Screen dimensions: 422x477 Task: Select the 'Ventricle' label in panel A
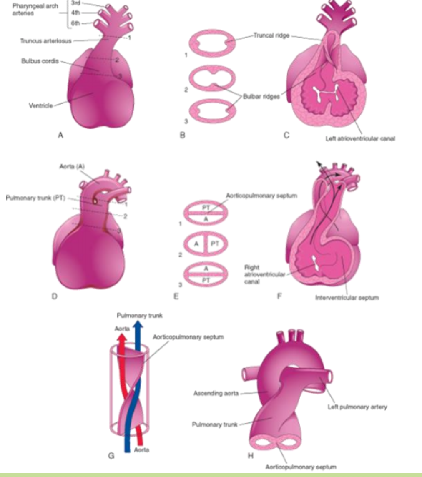click(x=41, y=106)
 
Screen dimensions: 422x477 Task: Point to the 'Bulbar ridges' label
click(x=259, y=96)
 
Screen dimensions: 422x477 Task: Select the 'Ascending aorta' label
click(x=215, y=393)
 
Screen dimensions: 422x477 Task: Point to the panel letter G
click(x=110, y=456)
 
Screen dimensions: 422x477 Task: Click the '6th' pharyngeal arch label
click(x=78, y=24)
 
